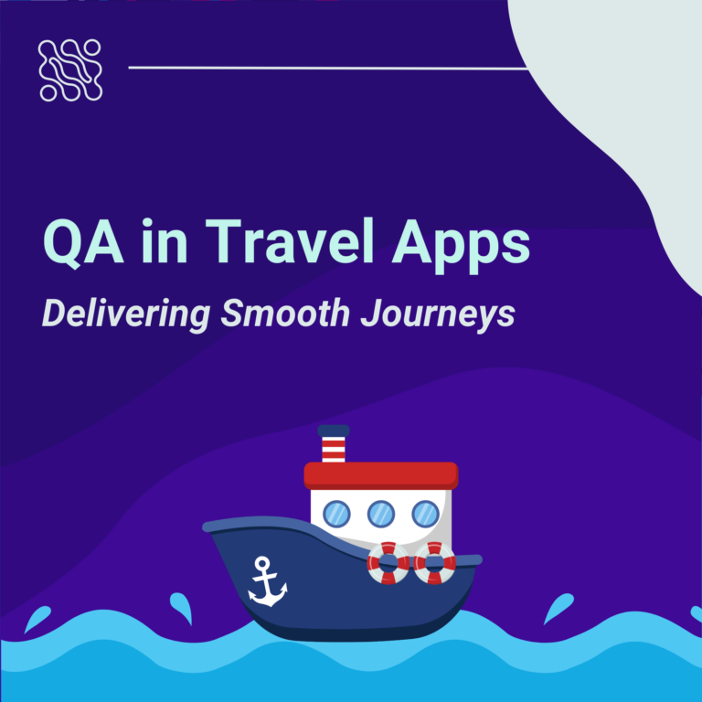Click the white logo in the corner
(x=70, y=70)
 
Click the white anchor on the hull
(x=268, y=582)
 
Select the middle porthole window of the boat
(x=381, y=514)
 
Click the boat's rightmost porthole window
(x=425, y=514)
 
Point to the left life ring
(x=388, y=563)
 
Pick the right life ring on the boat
(x=434, y=563)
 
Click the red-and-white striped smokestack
(x=334, y=449)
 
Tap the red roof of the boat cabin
(x=380, y=474)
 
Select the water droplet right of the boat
(x=559, y=607)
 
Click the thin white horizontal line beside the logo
(x=329, y=68)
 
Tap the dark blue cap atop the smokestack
(x=334, y=431)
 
